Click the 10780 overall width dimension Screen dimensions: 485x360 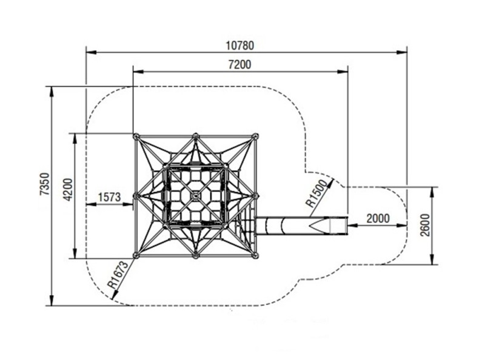pyautogui.click(x=239, y=46)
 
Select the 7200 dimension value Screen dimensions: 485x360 pyautogui.click(x=239, y=65)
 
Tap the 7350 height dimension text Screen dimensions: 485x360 pyautogui.click(x=45, y=184)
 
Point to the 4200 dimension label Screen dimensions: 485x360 pyautogui.click(x=68, y=189)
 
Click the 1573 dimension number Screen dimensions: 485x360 pyautogui.click(x=109, y=197)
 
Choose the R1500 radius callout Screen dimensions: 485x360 pyautogui.click(x=316, y=193)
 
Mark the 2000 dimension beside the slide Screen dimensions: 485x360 pyautogui.click(x=378, y=219)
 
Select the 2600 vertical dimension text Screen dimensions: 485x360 pyautogui.click(x=426, y=225)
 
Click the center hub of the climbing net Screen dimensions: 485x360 pyautogui.click(x=195, y=196)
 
